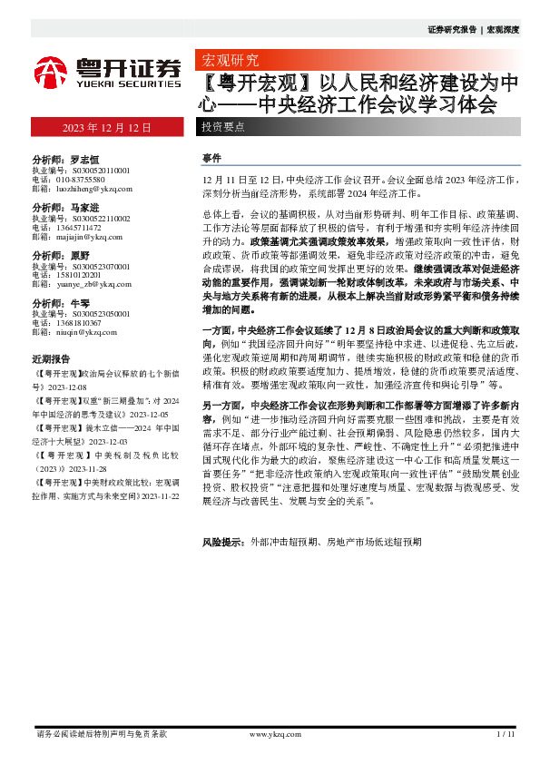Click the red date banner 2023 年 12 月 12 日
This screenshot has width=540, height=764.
coord(107,128)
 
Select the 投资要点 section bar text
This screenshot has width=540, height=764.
coord(223,128)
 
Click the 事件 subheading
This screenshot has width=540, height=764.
coord(211,158)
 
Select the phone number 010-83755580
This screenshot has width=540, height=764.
coord(84,179)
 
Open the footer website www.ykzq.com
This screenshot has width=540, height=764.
coord(274,734)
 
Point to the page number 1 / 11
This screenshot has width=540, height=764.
coord(506,734)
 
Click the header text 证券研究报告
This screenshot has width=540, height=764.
coord(451,29)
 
